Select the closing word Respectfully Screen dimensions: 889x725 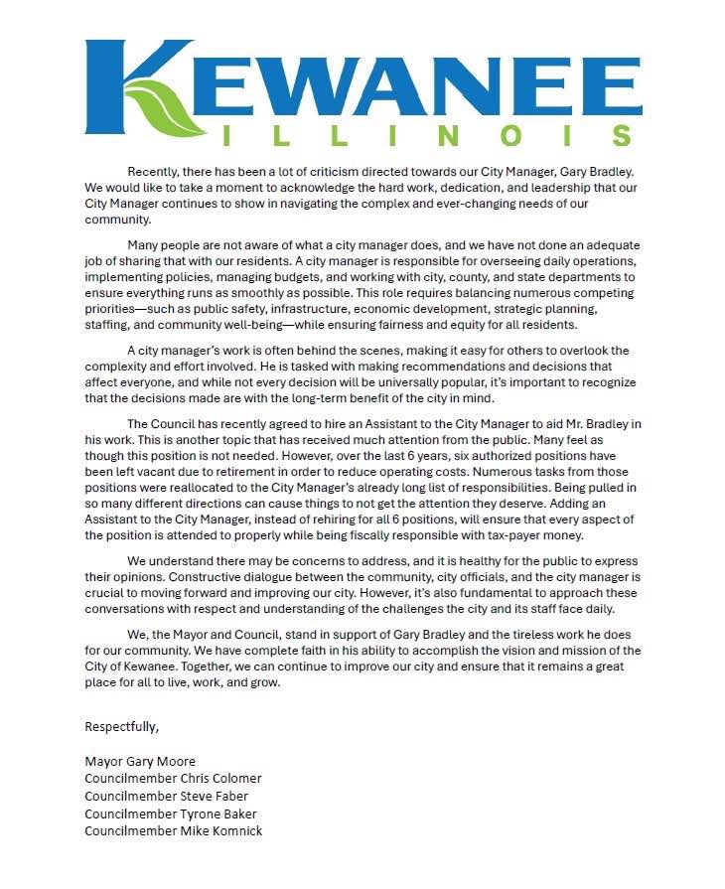[121, 726]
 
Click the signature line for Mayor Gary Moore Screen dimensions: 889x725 [140, 762]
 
